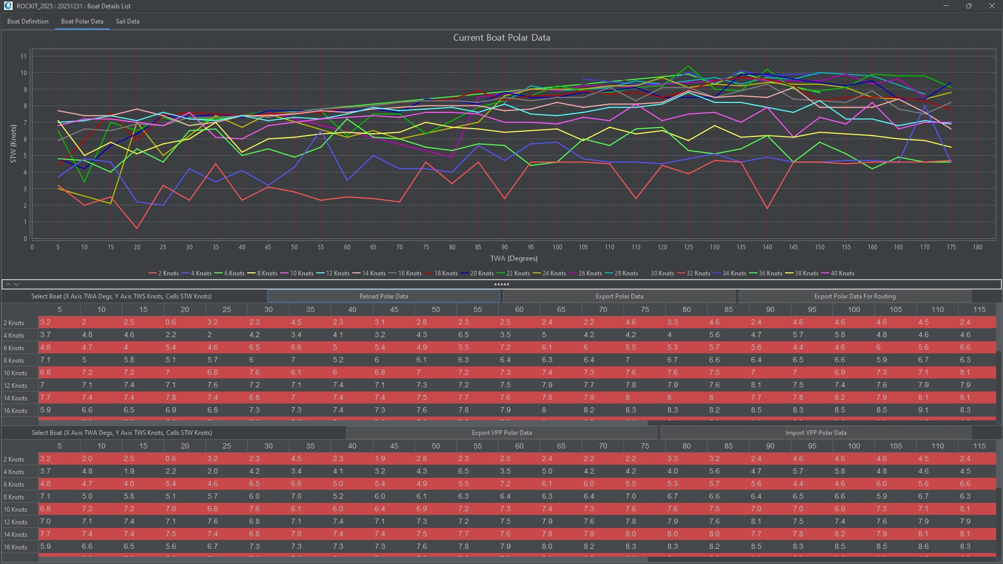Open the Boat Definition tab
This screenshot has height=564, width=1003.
[x=28, y=21]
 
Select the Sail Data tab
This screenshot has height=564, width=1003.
[x=128, y=21]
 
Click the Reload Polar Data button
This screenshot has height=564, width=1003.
[x=384, y=296]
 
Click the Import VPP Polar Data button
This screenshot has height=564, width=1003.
[x=815, y=433]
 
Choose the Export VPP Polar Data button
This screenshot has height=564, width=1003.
[x=501, y=433]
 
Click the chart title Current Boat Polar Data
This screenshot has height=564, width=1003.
[x=501, y=38]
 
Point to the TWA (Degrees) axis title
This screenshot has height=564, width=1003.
[x=513, y=258]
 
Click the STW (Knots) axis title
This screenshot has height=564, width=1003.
[x=13, y=143]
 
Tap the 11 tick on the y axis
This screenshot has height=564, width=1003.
[x=24, y=56]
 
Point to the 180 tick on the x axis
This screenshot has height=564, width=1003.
[x=977, y=247]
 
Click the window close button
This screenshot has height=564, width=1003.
[x=992, y=6]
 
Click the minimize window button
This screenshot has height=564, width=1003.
[x=946, y=6]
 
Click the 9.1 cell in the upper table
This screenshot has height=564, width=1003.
[x=924, y=410]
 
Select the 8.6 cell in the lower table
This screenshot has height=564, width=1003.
[x=924, y=547]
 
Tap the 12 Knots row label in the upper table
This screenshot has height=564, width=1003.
[x=16, y=386]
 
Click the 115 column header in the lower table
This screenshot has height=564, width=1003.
[x=979, y=446]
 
